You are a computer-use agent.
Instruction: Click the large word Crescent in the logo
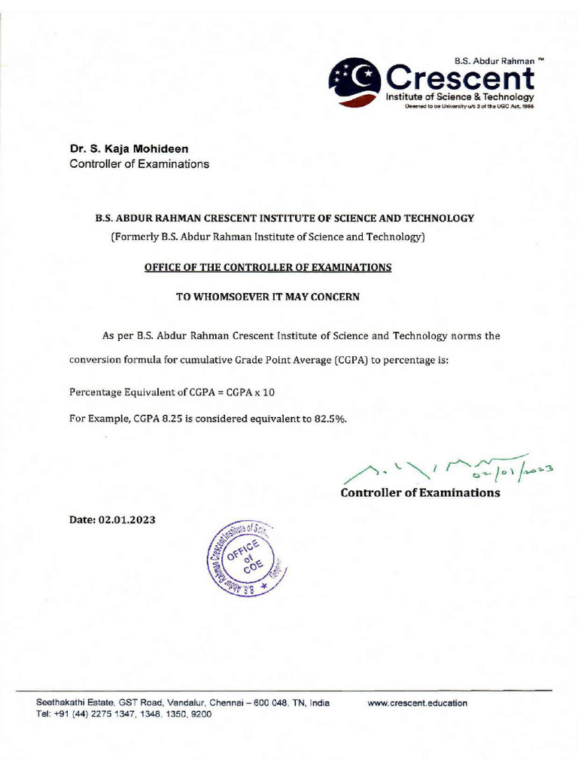(x=460, y=78)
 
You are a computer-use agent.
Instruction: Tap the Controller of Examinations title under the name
(x=139, y=164)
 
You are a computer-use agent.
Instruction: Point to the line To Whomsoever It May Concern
(x=268, y=297)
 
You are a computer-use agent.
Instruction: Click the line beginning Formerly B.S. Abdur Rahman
(x=268, y=238)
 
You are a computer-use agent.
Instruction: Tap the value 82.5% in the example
(x=330, y=419)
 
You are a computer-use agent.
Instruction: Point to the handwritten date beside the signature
(x=519, y=471)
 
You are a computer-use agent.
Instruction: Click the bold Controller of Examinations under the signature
(x=420, y=493)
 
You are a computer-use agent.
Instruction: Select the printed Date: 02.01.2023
(x=112, y=520)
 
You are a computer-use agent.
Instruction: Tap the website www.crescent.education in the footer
(x=417, y=703)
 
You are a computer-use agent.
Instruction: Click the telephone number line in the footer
(x=124, y=715)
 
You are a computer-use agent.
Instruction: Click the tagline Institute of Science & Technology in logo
(x=460, y=98)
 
